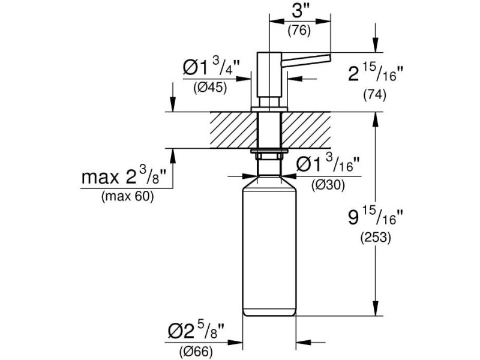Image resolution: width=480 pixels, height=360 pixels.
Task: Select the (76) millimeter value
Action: pyautogui.click(x=299, y=31)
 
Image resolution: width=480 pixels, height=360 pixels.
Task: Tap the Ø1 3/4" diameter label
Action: pyautogui.click(x=211, y=67)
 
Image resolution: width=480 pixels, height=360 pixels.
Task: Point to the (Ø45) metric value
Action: pyautogui.click(x=210, y=88)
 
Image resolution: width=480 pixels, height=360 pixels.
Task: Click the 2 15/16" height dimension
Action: pyautogui.click(x=376, y=73)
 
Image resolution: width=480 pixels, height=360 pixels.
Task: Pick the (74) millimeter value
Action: pyautogui.click(x=374, y=95)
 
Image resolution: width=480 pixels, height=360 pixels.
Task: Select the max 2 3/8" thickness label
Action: pyautogui.click(x=124, y=176)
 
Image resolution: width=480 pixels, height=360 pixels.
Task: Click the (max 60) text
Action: pyautogui.click(x=127, y=196)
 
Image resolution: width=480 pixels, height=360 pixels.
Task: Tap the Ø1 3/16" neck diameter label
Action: pyautogui.click(x=328, y=163)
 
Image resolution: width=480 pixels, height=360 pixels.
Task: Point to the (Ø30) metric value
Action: pyautogui.click(x=328, y=185)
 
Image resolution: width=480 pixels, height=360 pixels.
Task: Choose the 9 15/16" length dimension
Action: pyautogui.click(x=376, y=217)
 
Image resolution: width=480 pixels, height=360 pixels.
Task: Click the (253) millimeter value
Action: pyautogui.click(x=376, y=238)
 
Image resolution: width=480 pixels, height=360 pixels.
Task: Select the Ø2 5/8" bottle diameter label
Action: pyautogui.click(x=196, y=331)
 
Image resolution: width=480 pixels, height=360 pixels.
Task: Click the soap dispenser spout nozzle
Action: pyautogui.click(x=306, y=59)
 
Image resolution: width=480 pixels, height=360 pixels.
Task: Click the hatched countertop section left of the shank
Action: pyautogui.click(x=233, y=130)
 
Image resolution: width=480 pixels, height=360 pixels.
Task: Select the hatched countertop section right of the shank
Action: pyautogui.click(x=306, y=130)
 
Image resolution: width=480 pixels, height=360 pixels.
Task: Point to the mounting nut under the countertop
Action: pyautogui.click(x=269, y=154)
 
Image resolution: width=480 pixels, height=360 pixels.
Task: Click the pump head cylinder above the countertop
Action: pyautogui.click(x=269, y=74)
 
